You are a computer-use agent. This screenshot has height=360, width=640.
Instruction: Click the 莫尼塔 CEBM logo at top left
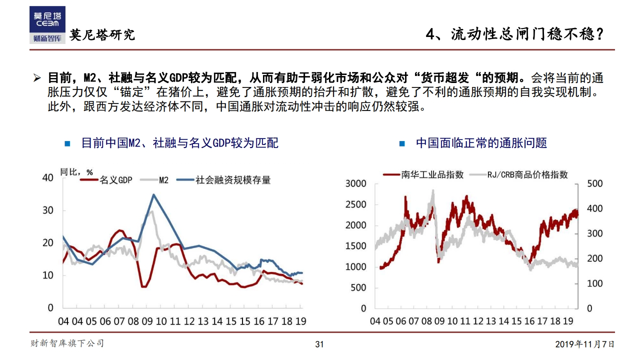tap(47, 25)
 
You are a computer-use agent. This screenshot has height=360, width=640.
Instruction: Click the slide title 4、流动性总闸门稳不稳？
tap(515, 34)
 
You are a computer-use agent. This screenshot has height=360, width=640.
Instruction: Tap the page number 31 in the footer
tap(319, 344)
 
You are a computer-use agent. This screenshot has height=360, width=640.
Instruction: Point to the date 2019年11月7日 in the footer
tap(584, 344)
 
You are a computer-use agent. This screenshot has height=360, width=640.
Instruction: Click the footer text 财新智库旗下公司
tap(67, 343)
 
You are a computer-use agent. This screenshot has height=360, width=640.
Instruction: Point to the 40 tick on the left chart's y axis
tap(48, 177)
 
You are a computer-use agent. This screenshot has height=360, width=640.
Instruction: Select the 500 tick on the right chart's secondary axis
tap(594, 183)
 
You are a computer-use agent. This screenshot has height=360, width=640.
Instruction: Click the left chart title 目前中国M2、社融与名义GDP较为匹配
tap(179, 143)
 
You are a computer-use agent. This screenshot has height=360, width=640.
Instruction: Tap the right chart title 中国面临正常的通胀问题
tap(481, 143)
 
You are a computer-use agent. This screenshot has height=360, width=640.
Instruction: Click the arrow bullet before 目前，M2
tap(36, 78)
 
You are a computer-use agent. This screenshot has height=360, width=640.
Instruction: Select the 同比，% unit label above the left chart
tap(76, 172)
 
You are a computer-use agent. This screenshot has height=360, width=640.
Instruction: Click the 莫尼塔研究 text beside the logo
tap(102, 35)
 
